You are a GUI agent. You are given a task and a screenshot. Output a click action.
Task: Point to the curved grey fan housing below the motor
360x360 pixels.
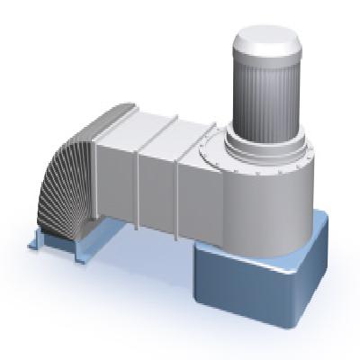point(261,193)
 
